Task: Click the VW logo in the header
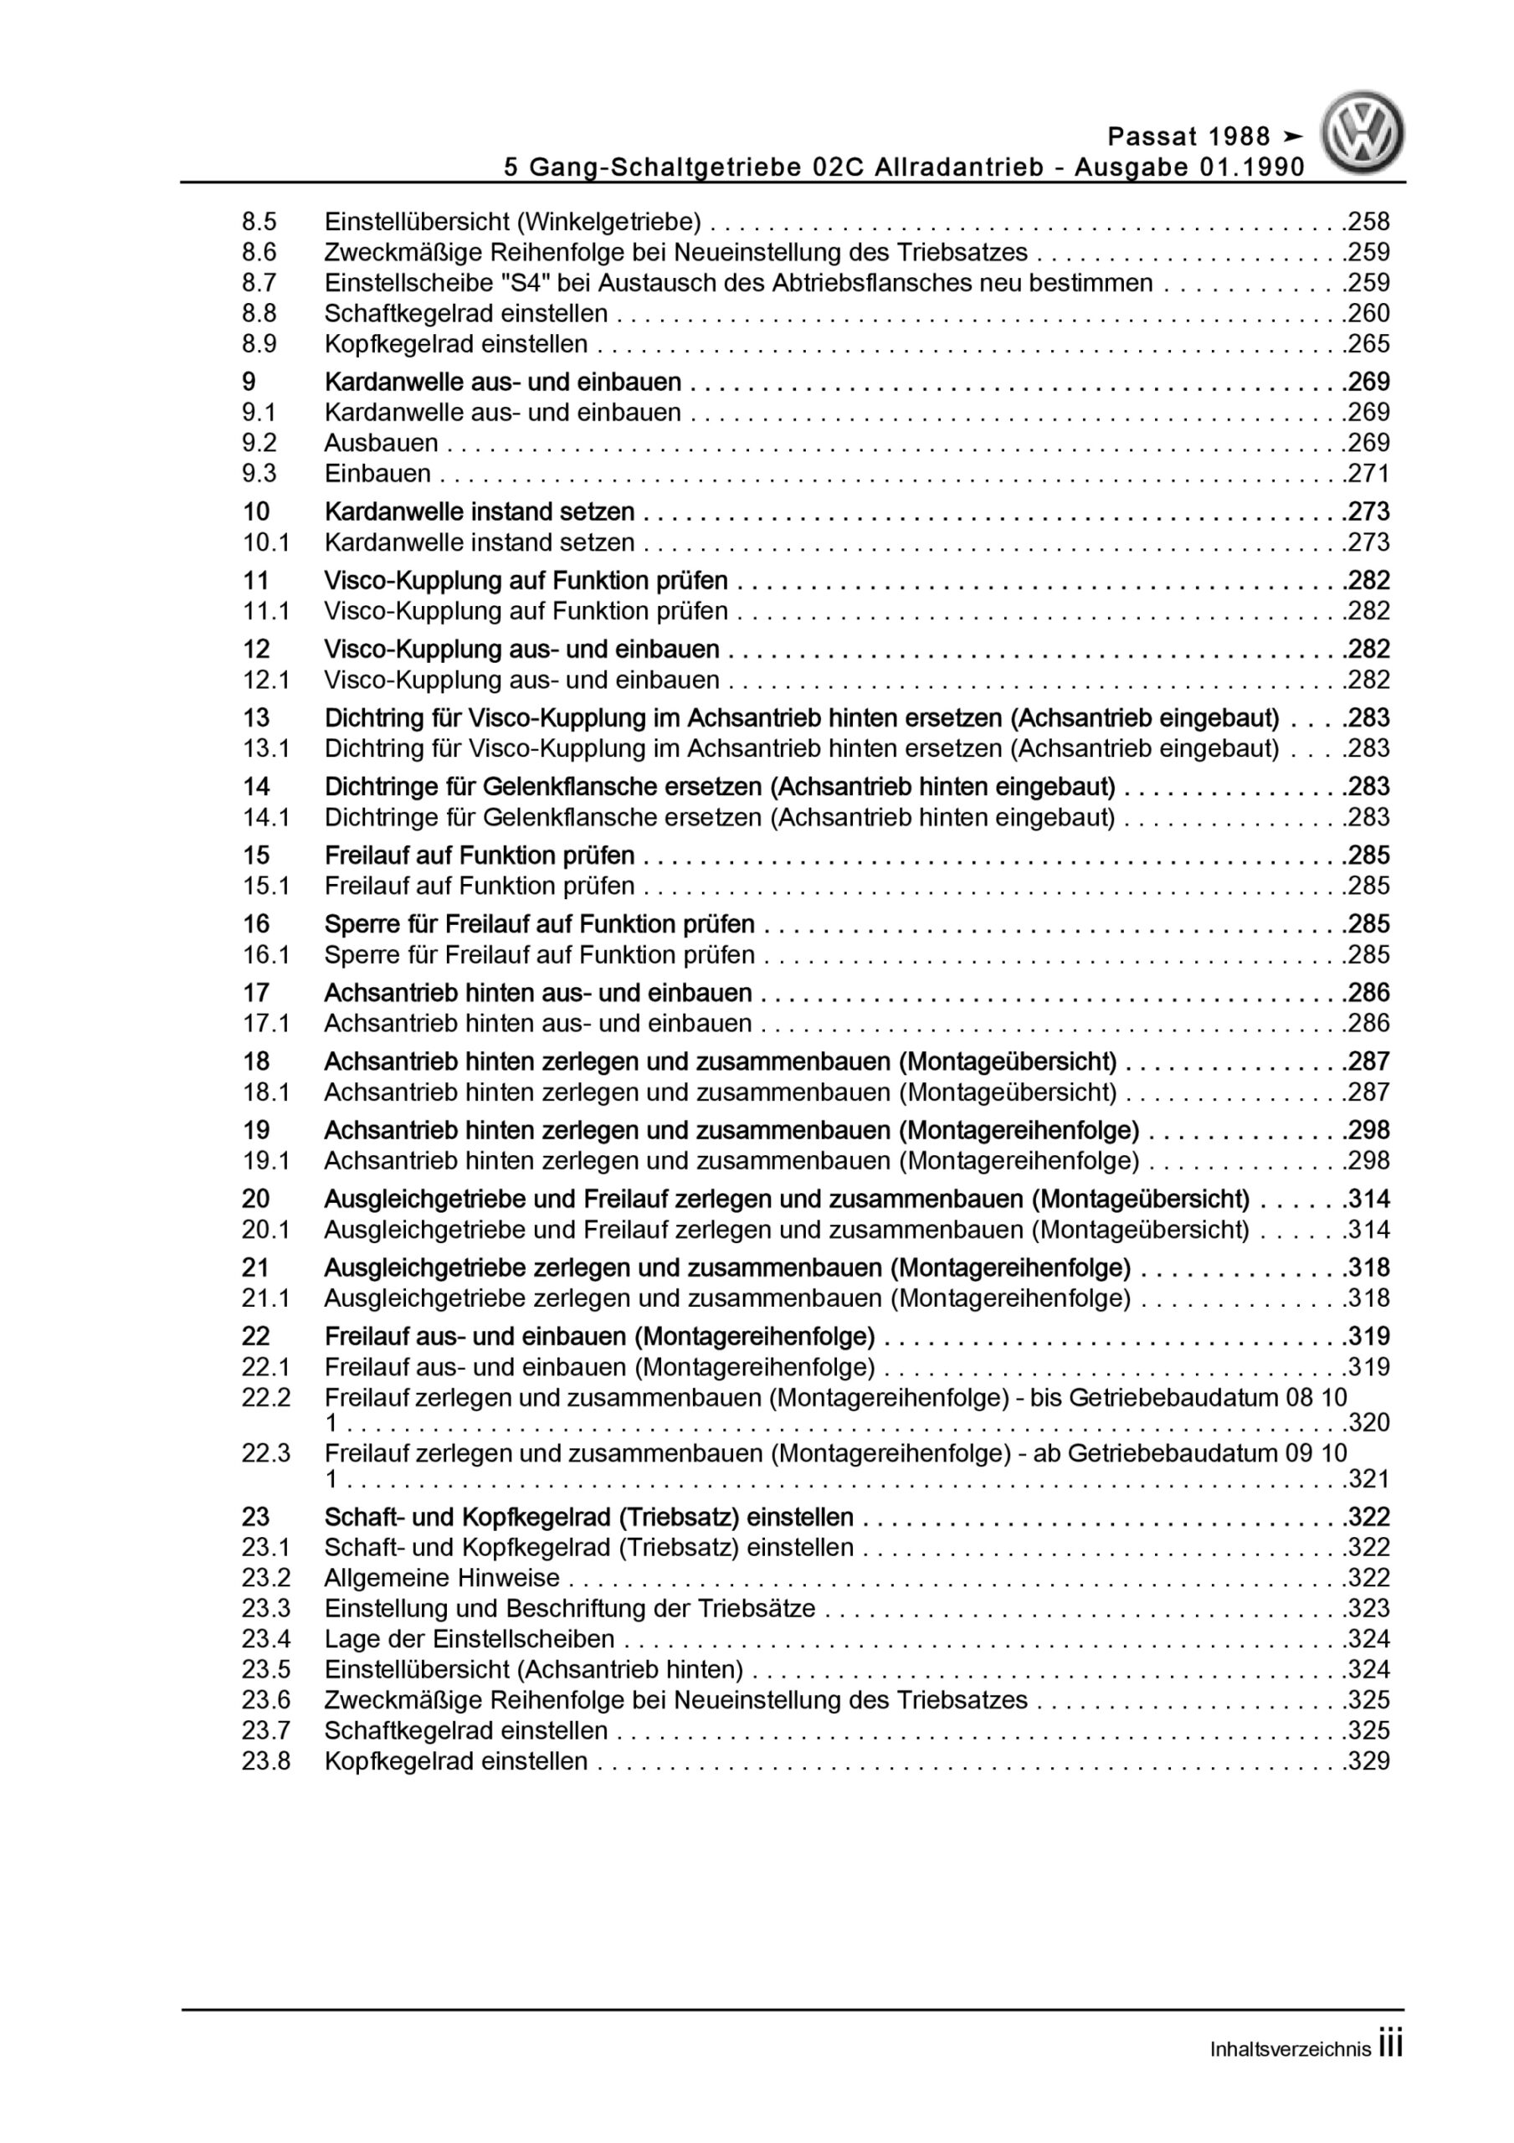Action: [1363, 132]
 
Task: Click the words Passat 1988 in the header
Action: [1188, 137]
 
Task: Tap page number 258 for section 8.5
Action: [1368, 222]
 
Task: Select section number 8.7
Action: [259, 283]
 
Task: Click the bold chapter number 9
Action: [249, 382]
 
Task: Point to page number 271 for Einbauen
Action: [1368, 473]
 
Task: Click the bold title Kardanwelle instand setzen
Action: [479, 511]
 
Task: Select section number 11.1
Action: [265, 611]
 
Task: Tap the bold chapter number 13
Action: [256, 717]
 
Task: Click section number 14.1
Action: [265, 818]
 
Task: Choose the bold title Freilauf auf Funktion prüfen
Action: [479, 855]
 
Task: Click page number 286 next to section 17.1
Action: [1368, 1024]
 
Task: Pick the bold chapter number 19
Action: [256, 1130]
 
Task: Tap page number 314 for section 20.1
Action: [1368, 1231]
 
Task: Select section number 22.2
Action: [265, 1397]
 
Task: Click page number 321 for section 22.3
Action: [1368, 1478]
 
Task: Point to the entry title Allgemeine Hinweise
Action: [442, 1578]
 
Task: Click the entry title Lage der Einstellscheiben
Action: [469, 1639]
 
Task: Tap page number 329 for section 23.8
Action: [1368, 1761]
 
